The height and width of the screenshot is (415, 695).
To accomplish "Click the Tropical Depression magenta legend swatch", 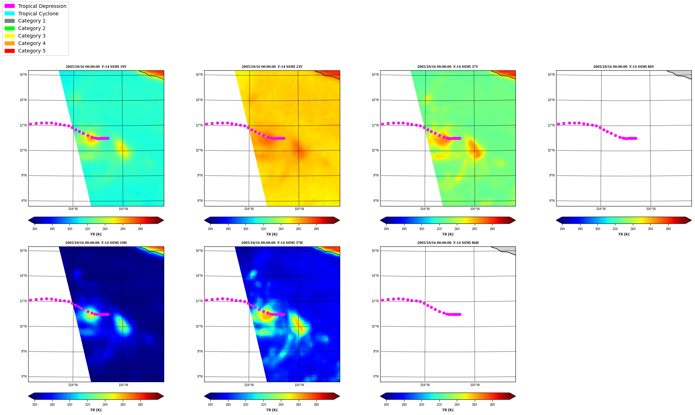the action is click(10, 6).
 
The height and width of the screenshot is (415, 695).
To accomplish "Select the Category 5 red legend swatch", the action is click(10, 51).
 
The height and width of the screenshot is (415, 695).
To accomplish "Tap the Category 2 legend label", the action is click(32, 28).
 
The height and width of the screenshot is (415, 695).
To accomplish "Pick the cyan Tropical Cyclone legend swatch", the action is click(10, 14).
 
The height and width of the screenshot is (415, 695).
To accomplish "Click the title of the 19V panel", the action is click(96, 67).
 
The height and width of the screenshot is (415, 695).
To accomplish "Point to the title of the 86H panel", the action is click(448, 243).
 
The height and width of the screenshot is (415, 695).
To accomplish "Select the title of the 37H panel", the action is click(272, 243).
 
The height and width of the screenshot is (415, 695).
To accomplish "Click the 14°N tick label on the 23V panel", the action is click(199, 100).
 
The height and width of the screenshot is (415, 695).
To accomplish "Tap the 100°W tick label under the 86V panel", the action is click(651, 209).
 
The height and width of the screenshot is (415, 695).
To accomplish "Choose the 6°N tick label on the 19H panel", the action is click(24, 376).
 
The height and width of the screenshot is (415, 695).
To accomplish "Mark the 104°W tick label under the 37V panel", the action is click(425, 209).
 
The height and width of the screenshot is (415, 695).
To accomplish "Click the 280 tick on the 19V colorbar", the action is click(140, 229).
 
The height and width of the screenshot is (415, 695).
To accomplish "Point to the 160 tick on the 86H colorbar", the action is click(386, 405).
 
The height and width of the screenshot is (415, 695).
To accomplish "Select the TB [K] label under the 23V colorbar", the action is click(272, 234).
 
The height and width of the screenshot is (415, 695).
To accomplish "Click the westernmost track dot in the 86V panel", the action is click(558, 124).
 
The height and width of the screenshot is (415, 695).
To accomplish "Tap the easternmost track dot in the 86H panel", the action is click(460, 314).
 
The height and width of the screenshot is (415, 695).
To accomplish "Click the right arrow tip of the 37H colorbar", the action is click(339, 396).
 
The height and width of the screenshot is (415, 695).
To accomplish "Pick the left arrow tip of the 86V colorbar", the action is click(556, 220).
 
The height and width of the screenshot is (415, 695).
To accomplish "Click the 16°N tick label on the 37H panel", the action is click(199, 251).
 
